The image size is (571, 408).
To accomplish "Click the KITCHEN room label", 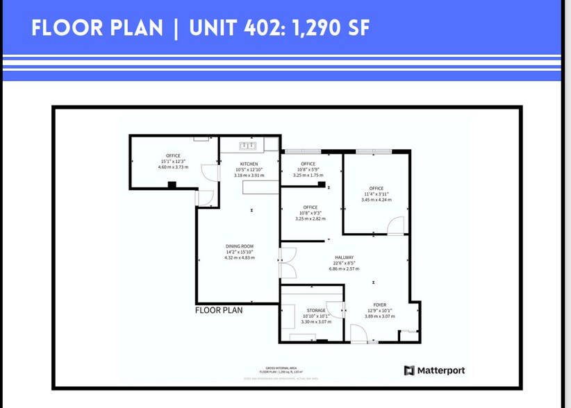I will [249, 164].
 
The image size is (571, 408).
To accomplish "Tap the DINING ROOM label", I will [240, 246].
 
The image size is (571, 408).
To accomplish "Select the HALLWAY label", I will [344, 257].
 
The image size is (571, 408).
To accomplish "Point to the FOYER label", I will [379, 305].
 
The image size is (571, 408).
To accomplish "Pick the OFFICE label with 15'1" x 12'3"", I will [173, 155].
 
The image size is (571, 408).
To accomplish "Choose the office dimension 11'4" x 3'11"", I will [376, 194].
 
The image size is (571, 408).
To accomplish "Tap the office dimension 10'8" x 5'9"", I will [308, 169].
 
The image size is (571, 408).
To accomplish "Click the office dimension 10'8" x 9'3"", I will [310, 213].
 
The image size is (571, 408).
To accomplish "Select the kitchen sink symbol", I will [248, 146].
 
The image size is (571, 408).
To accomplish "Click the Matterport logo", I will [434, 370].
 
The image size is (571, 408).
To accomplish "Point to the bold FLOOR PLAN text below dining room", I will [219, 310].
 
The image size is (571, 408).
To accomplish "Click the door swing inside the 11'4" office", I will [394, 225].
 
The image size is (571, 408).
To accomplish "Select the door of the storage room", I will [336, 312].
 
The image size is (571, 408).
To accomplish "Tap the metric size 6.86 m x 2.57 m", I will [344, 269].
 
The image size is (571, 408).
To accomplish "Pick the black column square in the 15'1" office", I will [172, 184].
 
